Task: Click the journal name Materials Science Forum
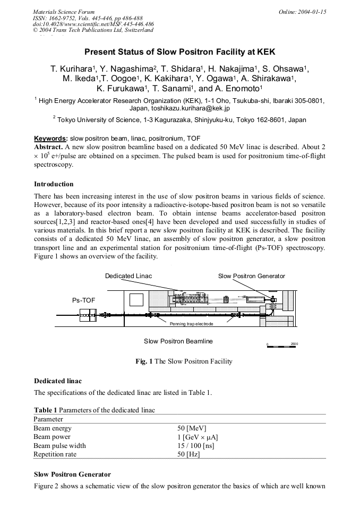point(64,11)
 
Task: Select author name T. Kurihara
point(72,69)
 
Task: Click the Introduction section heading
point(54,184)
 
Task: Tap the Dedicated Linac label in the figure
point(128,276)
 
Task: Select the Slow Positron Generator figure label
point(251,276)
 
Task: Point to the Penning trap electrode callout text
point(191,323)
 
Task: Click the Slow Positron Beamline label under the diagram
point(178,341)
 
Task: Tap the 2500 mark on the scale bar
point(294,344)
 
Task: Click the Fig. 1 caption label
point(144,361)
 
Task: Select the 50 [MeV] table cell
point(192,428)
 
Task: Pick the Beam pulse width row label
point(59,445)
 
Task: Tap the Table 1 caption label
point(45,410)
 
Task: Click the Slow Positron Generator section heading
point(72,474)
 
